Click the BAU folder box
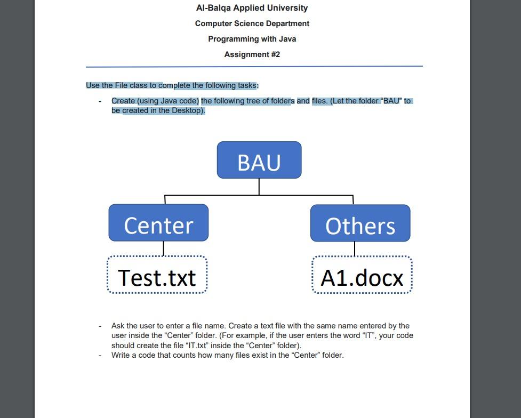click(259, 160)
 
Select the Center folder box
click(158, 223)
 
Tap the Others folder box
click(360, 223)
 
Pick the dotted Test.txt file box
click(157, 275)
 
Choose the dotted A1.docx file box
click(362, 275)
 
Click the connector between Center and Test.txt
click(163, 248)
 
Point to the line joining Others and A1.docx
click(355, 249)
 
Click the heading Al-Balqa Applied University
click(252, 8)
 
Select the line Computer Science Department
click(252, 23)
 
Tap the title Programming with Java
click(252, 39)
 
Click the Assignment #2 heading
click(252, 54)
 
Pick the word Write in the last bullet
click(121, 355)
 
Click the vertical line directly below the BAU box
click(259, 187)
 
